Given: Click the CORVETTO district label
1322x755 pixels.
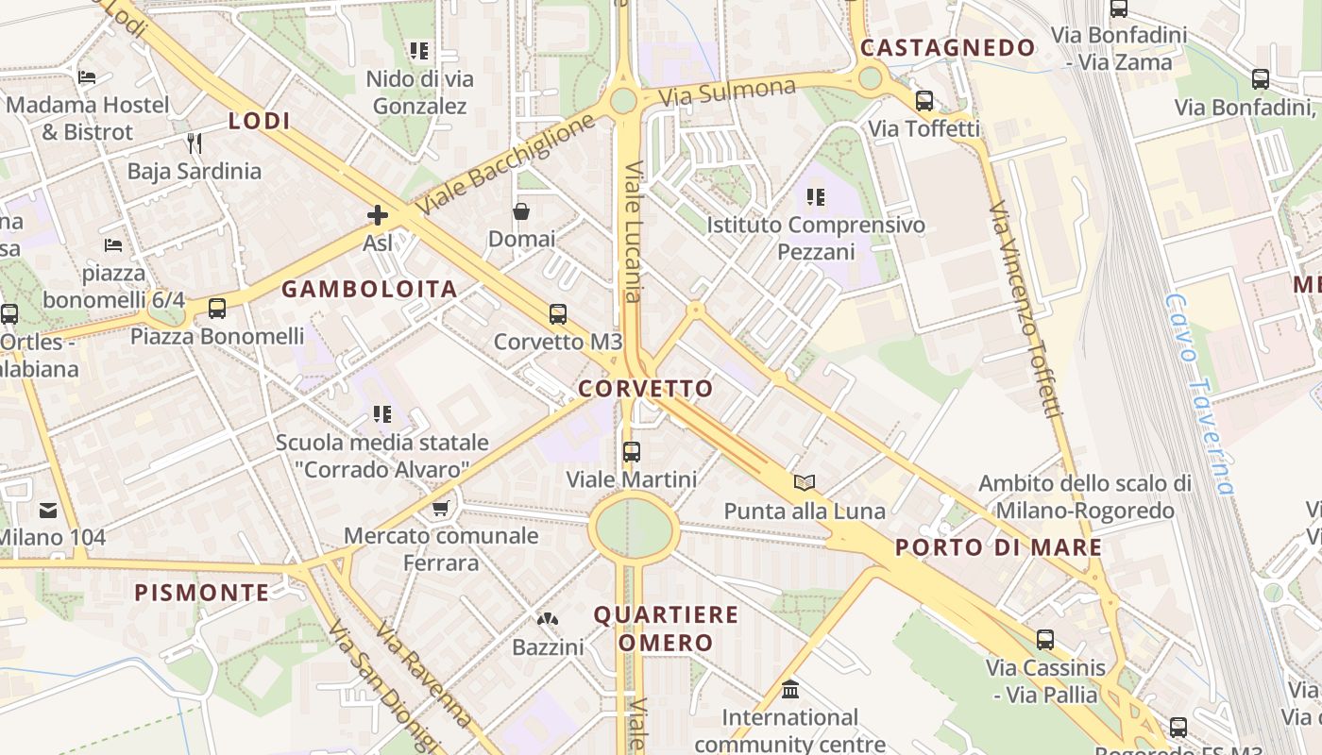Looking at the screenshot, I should pyautogui.click(x=646, y=389).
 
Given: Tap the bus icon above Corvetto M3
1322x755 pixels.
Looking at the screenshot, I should pyautogui.click(x=558, y=314).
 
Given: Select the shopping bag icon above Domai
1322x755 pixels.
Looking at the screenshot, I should pyautogui.click(x=520, y=211).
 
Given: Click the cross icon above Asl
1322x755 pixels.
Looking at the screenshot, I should pyautogui.click(x=378, y=215).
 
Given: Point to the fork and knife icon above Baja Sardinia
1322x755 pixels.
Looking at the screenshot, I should pyautogui.click(x=195, y=143).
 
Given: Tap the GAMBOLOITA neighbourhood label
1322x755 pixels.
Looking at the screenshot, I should pyautogui.click(x=369, y=290).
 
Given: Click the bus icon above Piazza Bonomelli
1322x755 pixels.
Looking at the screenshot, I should pyautogui.click(x=217, y=309).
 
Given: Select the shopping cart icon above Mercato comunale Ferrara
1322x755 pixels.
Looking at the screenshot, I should pyautogui.click(x=440, y=510).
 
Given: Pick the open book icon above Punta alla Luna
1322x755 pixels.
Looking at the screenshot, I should pyautogui.click(x=804, y=483).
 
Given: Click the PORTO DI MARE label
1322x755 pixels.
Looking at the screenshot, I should pyautogui.click(x=998, y=547).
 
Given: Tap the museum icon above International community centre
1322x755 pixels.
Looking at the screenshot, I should pyautogui.click(x=790, y=690).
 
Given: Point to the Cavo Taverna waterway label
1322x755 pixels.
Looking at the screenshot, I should pyautogui.click(x=1199, y=394).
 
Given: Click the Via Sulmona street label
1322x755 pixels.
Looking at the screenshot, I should pyautogui.click(x=727, y=92).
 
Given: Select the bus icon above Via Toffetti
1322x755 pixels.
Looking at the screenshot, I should pyautogui.click(x=924, y=101).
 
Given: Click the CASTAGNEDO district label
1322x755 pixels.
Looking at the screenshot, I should pyautogui.click(x=948, y=48).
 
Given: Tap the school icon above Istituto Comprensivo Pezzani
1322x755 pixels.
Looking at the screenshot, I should pyautogui.click(x=816, y=197).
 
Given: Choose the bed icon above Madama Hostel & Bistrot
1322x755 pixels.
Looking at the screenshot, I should pyautogui.click(x=87, y=77).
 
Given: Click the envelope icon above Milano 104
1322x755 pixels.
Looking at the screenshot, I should pyautogui.click(x=47, y=512).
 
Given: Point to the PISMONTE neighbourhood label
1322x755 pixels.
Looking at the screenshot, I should pyautogui.click(x=201, y=593).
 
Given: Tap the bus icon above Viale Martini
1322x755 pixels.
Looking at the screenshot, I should pyautogui.click(x=632, y=452).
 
